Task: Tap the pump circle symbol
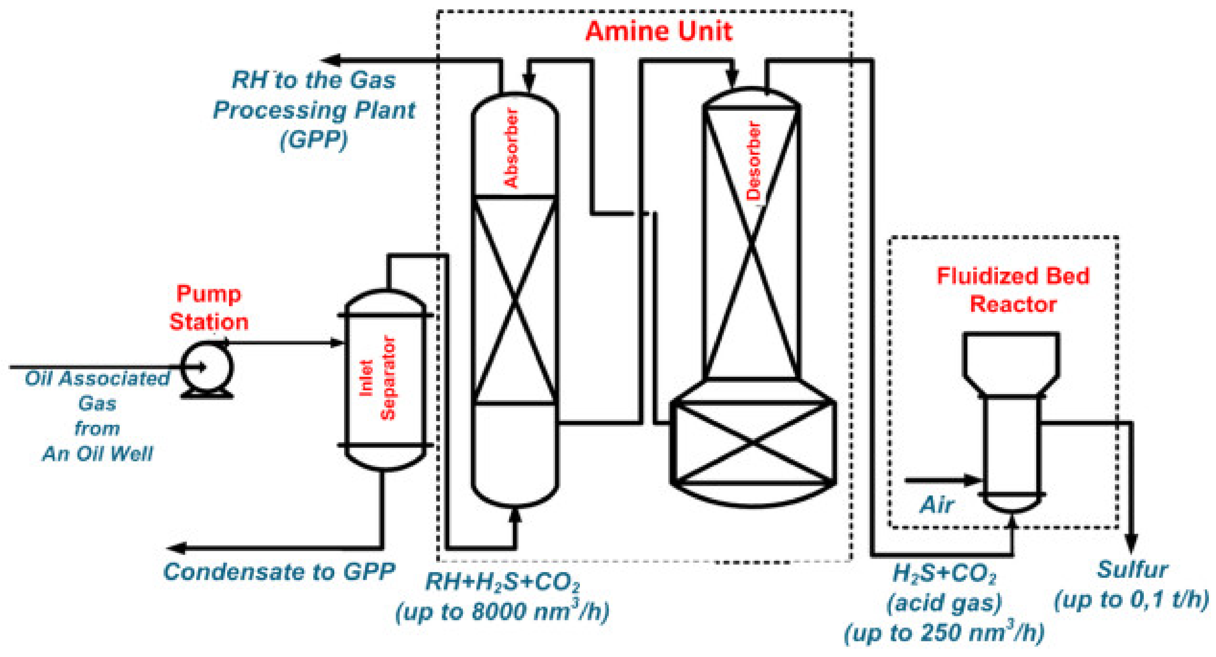pyautogui.click(x=207, y=367)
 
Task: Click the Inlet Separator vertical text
pyautogui.click(x=378, y=377)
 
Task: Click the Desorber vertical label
pyautogui.click(x=754, y=160)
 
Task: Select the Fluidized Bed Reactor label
pyautogui.click(x=1013, y=290)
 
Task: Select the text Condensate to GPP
pyautogui.click(x=279, y=572)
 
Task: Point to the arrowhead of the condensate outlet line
pyautogui.click(x=176, y=548)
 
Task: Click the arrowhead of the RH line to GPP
pyautogui.click(x=331, y=60)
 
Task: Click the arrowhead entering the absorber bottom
pyautogui.click(x=516, y=515)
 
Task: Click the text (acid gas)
pyautogui.click(x=944, y=603)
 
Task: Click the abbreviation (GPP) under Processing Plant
pyautogui.click(x=314, y=140)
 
